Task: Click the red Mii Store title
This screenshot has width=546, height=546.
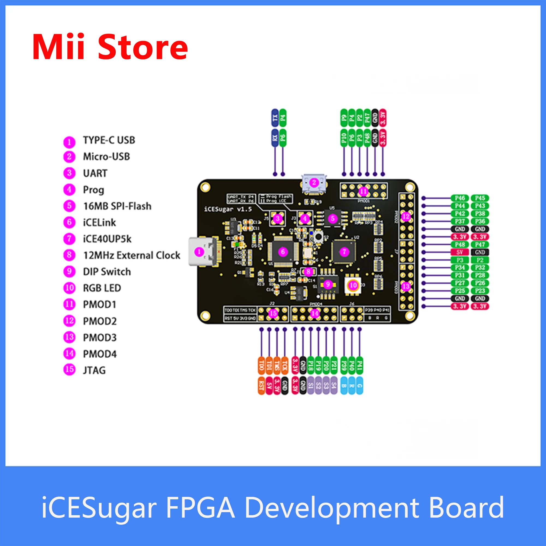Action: pos(110,47)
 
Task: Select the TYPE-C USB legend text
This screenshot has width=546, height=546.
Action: pos(109,140)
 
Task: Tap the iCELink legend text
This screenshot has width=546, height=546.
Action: pos(99,223)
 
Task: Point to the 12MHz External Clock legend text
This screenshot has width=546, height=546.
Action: pos(131,256)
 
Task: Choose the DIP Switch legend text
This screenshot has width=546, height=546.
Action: pos(107,272)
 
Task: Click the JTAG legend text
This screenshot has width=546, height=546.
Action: pos(94,370)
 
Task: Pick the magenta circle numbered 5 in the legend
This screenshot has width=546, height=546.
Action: pos(69,206)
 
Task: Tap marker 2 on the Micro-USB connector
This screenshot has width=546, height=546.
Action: pos(314,183)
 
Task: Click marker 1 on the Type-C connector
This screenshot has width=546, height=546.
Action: pos(200,251)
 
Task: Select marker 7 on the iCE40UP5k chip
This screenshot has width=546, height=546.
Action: pos(344,251)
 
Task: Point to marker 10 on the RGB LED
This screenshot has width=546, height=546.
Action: pos(353,286)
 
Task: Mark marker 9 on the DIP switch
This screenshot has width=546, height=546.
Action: pos(328,284)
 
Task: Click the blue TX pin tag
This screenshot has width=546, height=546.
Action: pos(275,118)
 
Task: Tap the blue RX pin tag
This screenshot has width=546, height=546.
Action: pos(275,138)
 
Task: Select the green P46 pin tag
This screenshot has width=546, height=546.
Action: pos(460,198)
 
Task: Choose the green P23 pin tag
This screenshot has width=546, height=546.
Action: pos(480,291)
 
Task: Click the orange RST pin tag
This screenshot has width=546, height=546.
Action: pos(262,385)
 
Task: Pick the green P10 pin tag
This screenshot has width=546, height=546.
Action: pos(344,138)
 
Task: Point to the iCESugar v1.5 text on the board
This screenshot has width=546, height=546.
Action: pos(228,209)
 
